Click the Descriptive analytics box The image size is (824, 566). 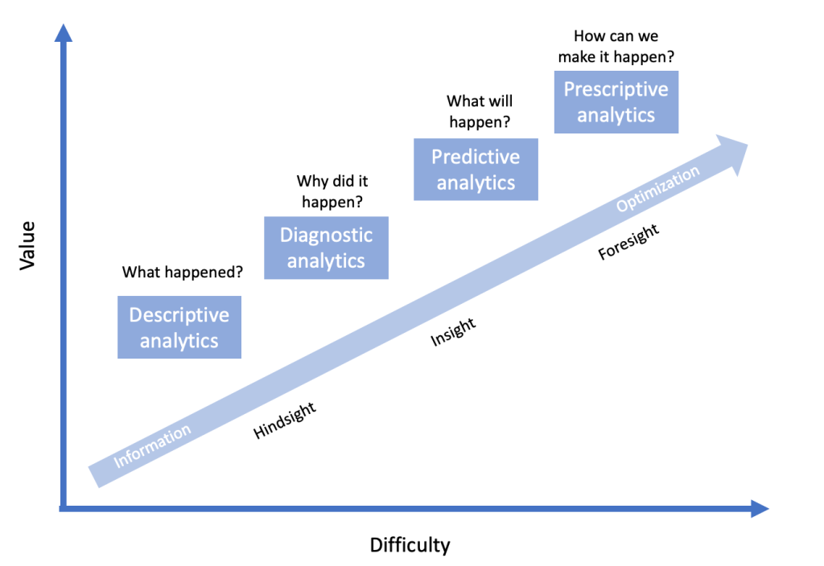point(179,327)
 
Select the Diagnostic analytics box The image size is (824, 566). point(327,248)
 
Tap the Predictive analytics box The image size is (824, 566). point(476,170)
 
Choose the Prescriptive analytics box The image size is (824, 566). point(616,102)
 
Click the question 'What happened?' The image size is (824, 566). point(183,272)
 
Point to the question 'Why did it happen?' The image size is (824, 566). point(332,191)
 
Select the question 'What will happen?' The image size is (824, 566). point(480,111)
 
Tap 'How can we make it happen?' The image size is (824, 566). point(616,46)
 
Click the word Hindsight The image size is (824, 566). point(285,420)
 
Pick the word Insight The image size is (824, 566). point(454,332)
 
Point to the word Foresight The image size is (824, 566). point(628,241)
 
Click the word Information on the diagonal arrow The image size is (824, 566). point(152,445)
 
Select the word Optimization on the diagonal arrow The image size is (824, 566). point(658,188)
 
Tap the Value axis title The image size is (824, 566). point(27,246)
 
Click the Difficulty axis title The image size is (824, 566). point(410,545)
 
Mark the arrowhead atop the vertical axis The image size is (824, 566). point(64,33)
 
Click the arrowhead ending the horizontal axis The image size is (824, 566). point(760,508)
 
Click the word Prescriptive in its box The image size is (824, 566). point(616,90)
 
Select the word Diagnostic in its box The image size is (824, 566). point(327,236)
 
